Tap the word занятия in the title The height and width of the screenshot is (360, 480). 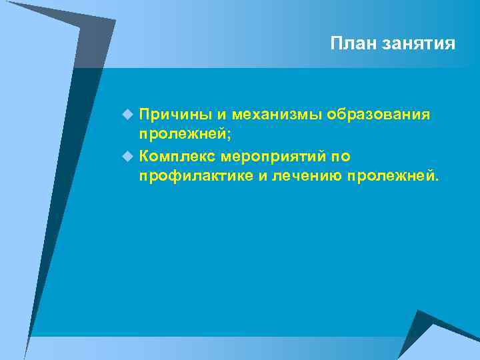tap(419, 44)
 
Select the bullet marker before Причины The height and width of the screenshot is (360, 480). tap(128, 115)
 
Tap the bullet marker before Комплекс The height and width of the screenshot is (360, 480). tap(128, 156)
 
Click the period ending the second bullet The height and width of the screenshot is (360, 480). tap(437, 180)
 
